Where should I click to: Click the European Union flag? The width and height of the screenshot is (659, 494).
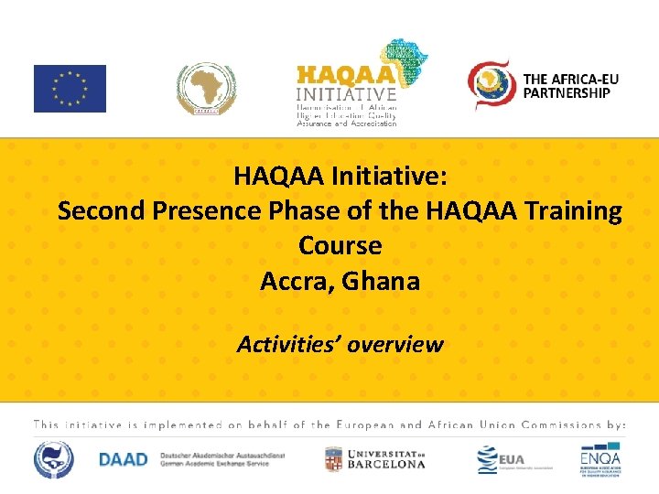(x=70, y=89)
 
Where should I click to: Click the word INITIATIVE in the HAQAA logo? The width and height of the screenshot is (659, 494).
(x=346, y=93)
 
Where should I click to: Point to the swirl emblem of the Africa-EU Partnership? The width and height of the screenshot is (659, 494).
(x=492, y=85)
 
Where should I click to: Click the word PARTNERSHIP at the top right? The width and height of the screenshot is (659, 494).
(x=566, y=92)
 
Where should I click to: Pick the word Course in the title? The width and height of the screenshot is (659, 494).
(x=340, y=246)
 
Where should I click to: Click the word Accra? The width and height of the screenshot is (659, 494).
(x=297, y=281)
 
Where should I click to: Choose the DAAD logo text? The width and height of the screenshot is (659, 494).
(x=123, y=459)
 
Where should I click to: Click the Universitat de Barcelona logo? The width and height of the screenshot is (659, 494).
(x=375, y=458)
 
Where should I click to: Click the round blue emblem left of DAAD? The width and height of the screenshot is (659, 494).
(x=54, y=459)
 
